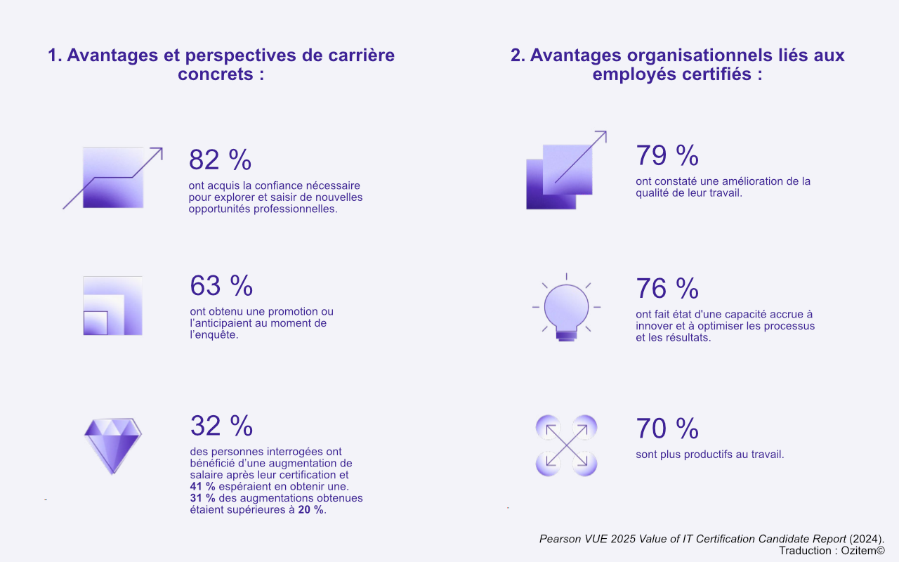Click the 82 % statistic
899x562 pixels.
click(x=220, y=160)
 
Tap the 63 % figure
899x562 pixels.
click(x=221, y=286)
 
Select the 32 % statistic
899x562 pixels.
click(x=221, y=426)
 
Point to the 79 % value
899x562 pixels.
click(x=667, y=155)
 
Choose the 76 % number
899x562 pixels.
click(x=667, y=289)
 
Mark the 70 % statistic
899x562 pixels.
click(x=667, y=429)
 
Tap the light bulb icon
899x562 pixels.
click(x=566, y=309)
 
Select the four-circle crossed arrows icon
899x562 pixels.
click(x=566, y=445)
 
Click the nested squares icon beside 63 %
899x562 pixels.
click(x=112, y=306)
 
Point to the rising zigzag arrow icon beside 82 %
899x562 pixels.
click(x=112, y=178)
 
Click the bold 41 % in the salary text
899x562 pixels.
click(x=202, y=486)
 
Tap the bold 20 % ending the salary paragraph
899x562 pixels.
click(x=310, y=510)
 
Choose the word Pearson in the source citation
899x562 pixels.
click(x=560, y=539)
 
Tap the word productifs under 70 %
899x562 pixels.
click(x=704, y=455)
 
